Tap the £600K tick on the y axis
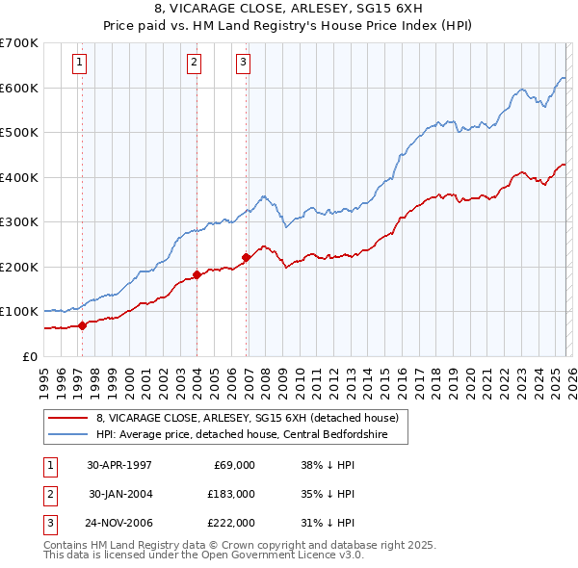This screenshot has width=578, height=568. tap(18, 88)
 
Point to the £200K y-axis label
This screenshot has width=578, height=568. tap(18, 267)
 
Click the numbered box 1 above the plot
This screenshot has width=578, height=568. tap(79, 64)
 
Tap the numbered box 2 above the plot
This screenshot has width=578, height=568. tap(194, 64)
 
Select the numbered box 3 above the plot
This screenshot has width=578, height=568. tap(244, 64)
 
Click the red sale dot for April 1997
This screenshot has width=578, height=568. tap(83, 325)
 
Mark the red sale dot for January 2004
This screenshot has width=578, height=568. tap(197, 274)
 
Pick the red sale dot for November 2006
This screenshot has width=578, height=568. tap(246, 257)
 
